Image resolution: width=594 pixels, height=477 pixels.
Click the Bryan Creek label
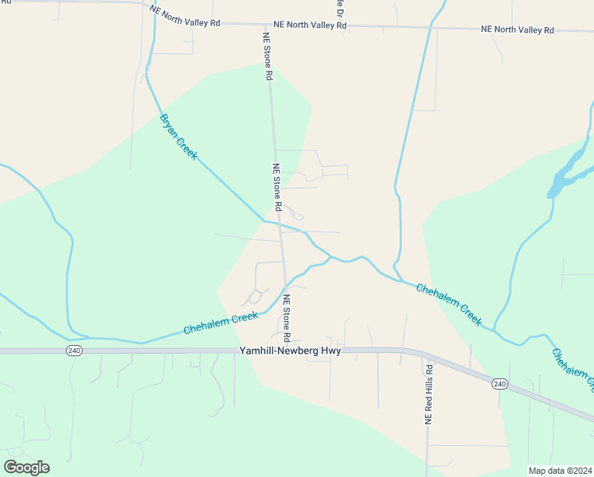[x=179, y=137]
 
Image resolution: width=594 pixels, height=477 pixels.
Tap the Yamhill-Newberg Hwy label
[x=290, y=351]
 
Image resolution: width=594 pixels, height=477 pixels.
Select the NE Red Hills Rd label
[x=429, y=395]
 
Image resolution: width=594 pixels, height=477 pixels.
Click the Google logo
[x=26, y=467]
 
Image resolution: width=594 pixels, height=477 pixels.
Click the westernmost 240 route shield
[x=74, y=351]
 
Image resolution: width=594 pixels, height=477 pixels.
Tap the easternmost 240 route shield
[x=499, y=384]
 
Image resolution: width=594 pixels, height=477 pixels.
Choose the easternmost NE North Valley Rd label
[x=517, y=29]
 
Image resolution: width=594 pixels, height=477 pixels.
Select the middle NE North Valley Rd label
[x=310, y=25]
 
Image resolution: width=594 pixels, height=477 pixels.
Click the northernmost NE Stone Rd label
[x=268, y=56]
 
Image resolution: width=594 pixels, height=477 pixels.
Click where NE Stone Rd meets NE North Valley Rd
[x=267, y=25]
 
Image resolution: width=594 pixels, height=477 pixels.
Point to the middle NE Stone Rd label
[x=277, y=188]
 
